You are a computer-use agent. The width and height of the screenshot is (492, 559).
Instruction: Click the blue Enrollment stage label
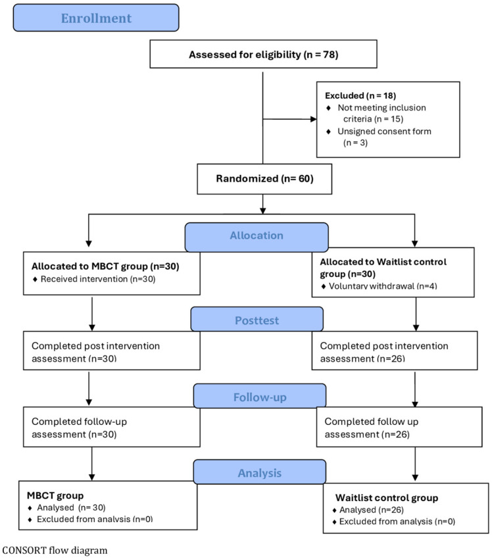pos(96,18)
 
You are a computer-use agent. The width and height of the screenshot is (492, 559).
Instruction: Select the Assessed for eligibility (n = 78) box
pos(263,54)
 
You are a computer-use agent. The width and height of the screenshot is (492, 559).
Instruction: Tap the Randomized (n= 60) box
pos(264,179)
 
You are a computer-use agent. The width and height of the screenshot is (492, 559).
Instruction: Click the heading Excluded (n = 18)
pos(360,95)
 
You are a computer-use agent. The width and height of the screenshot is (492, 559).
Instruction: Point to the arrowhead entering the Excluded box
pos(313,119)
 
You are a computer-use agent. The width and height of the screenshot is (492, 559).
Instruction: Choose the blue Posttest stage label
pos(257,320)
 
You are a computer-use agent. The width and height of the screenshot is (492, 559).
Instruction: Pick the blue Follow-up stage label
pos(260,397)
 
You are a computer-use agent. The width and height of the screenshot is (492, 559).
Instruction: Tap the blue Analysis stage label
pos(260,472)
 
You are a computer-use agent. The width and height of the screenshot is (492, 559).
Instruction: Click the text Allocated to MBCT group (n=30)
pos(105,266)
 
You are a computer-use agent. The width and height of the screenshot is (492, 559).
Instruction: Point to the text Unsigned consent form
pos(384,131)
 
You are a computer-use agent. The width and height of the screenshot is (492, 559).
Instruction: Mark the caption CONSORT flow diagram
pos(55,550)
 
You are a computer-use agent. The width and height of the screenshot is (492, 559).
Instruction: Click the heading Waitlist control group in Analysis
pos(387,498)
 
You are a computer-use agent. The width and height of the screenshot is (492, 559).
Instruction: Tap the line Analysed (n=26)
pos(372,510)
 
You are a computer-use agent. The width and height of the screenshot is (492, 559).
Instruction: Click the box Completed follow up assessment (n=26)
pos(399,427)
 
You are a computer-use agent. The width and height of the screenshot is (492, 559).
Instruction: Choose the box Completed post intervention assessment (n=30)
pos(112,351)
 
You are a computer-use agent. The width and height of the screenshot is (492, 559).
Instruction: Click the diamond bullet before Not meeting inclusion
pos(329,108)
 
